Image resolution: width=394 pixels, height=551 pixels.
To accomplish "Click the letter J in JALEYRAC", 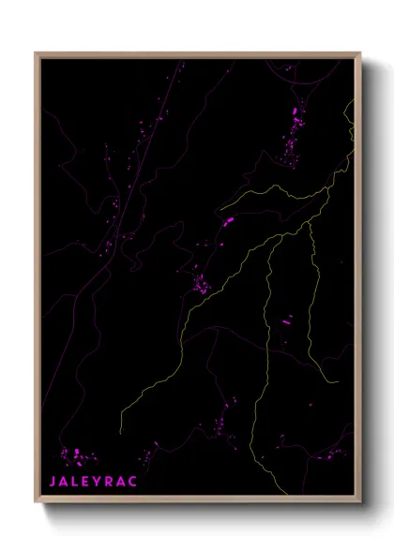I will tap(53, 481).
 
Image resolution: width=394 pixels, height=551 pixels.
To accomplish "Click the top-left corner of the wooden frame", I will tap(37, 53).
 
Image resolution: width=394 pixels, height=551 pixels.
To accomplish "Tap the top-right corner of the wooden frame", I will tap(360, 53).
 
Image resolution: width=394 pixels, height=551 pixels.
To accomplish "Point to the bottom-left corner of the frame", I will tap(37, 503).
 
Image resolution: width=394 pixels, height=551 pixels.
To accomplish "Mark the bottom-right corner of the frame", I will tap(360, 503).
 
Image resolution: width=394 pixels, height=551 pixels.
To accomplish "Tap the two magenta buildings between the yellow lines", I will tap(287, 321).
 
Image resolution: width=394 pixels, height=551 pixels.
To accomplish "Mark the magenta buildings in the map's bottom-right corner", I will tap(333, 456).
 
